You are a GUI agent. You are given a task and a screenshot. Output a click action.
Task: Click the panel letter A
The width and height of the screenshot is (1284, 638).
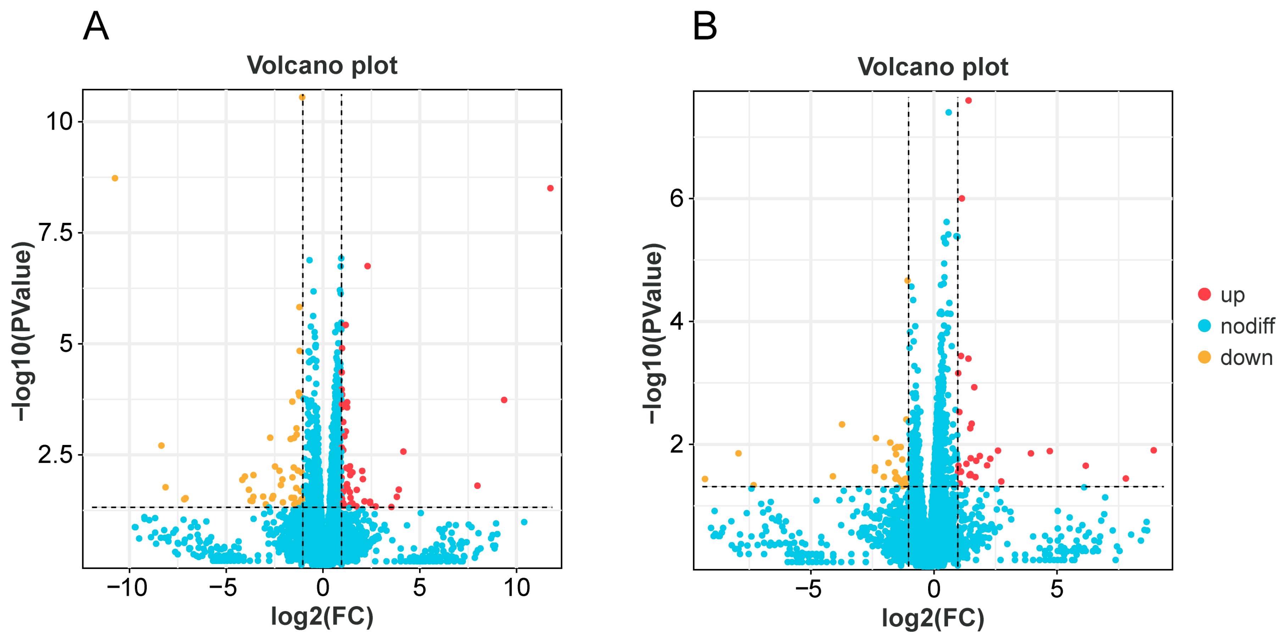point(95,27)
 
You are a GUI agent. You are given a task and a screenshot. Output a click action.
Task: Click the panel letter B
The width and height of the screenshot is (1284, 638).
point(704,27)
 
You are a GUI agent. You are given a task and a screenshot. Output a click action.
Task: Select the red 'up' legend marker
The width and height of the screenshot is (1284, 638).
point(1204,294)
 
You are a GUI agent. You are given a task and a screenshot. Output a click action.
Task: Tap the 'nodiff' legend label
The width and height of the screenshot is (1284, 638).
point(1247,326)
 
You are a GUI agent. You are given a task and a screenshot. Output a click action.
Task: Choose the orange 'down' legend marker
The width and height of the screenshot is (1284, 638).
point(1204,357)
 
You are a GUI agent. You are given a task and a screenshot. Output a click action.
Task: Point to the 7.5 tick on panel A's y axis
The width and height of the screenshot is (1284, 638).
point(56,233)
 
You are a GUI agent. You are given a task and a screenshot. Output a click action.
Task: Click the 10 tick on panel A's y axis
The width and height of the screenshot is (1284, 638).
point(59,122)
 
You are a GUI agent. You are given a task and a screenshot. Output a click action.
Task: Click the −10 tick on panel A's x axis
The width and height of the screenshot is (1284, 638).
point(127,588)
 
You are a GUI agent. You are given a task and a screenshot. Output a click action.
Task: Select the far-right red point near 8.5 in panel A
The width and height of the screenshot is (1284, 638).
point(550,188)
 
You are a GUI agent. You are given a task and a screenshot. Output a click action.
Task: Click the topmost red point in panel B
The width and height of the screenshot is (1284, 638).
point(968,101)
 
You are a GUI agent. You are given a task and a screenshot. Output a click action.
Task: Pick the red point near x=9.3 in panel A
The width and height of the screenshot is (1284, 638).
point(504,400)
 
